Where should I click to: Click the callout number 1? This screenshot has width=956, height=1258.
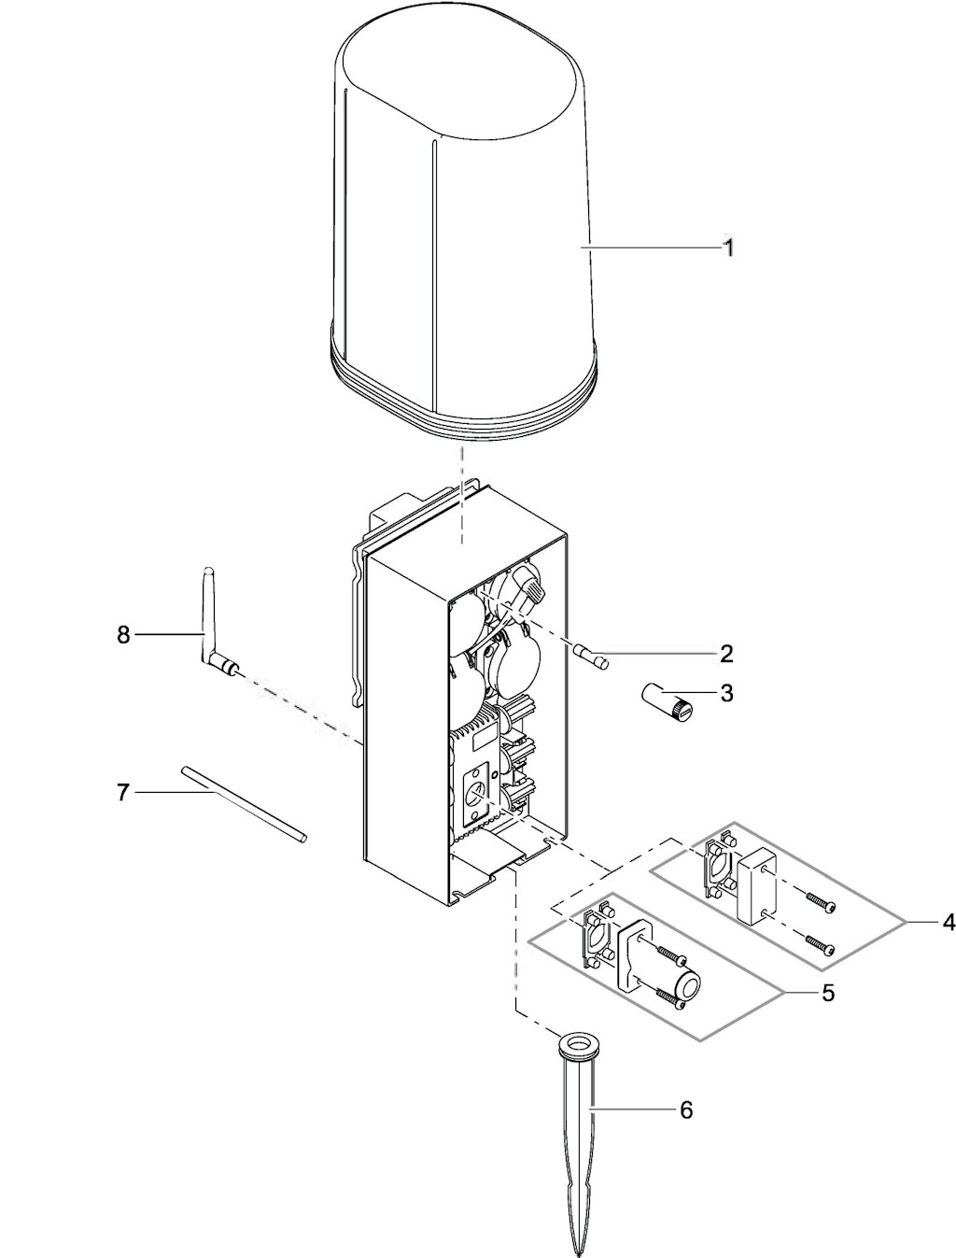click(x=728, y=248)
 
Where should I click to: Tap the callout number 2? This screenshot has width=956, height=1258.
click(x=725, y=654)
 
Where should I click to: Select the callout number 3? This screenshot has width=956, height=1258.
click(x=726, y=693)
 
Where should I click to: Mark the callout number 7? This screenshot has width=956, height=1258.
click(x=122, y=794)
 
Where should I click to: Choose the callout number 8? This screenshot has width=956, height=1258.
click(x=123, y=635)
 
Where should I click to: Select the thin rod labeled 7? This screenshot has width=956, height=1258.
click(x=245, y=803)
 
